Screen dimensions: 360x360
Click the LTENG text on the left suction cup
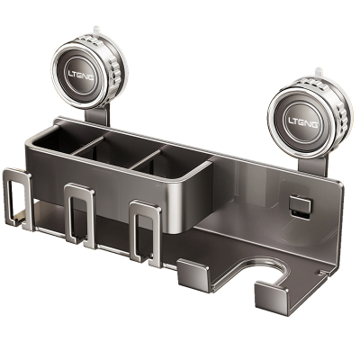pos(80,75)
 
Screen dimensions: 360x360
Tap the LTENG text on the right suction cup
pos(303,122)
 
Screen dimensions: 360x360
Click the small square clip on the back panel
pos(301,206)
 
